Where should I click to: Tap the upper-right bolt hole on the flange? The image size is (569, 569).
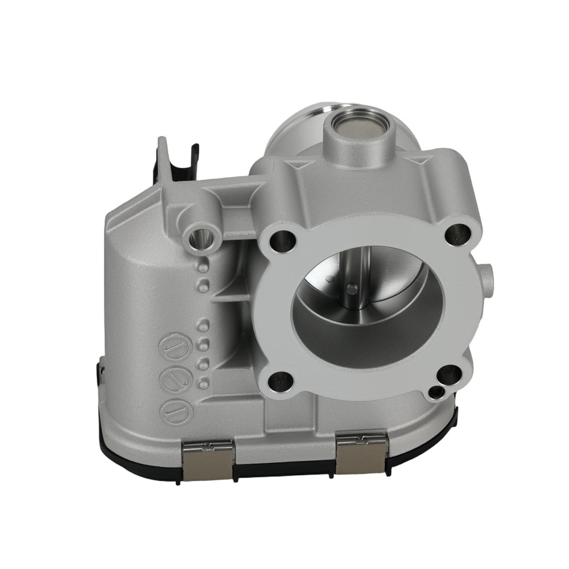coord(459,234)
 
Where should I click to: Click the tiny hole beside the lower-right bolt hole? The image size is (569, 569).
coord(436,392)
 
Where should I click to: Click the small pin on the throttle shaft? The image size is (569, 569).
coord(351,288)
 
